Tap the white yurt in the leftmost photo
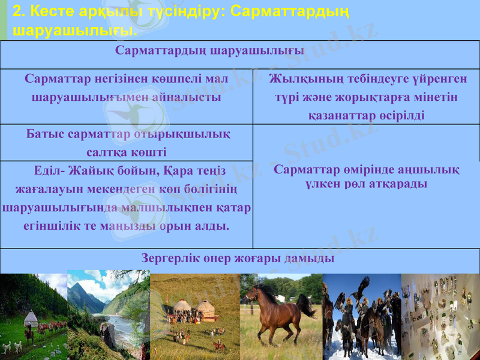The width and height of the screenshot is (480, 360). tap(31, 317)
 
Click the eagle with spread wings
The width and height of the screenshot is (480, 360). tap(361, 286)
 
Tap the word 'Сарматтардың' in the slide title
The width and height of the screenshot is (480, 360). tap(288, 11)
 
